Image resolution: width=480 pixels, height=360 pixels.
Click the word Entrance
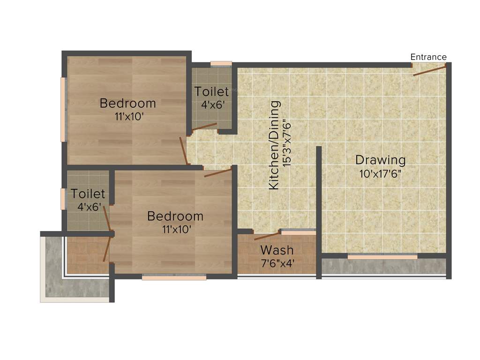coord(428,57)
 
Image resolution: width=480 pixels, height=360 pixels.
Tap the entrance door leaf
coord(429,71)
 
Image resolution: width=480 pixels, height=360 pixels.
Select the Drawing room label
coord(380,159)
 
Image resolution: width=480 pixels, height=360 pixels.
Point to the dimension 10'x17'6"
coord(380,173)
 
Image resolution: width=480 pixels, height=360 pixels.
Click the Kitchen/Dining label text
coord(275,145)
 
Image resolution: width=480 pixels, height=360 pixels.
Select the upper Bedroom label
coord(127,103)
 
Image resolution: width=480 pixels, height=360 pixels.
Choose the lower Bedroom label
coord(175,216)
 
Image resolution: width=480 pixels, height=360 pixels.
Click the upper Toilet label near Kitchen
coord(211,91)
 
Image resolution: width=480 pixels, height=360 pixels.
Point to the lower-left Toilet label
coord(88,193)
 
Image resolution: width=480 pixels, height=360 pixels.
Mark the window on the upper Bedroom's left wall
coord(63,109)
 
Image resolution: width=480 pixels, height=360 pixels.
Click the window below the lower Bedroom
coord(174,278)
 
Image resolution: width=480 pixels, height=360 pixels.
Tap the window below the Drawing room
coord(382,257)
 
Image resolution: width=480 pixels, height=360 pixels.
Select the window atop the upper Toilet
coord(221,64)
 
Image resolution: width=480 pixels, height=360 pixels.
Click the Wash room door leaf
coord(267,235)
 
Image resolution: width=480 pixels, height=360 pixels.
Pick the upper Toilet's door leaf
coord(204,127)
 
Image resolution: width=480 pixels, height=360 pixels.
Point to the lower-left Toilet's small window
coord(63,199)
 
